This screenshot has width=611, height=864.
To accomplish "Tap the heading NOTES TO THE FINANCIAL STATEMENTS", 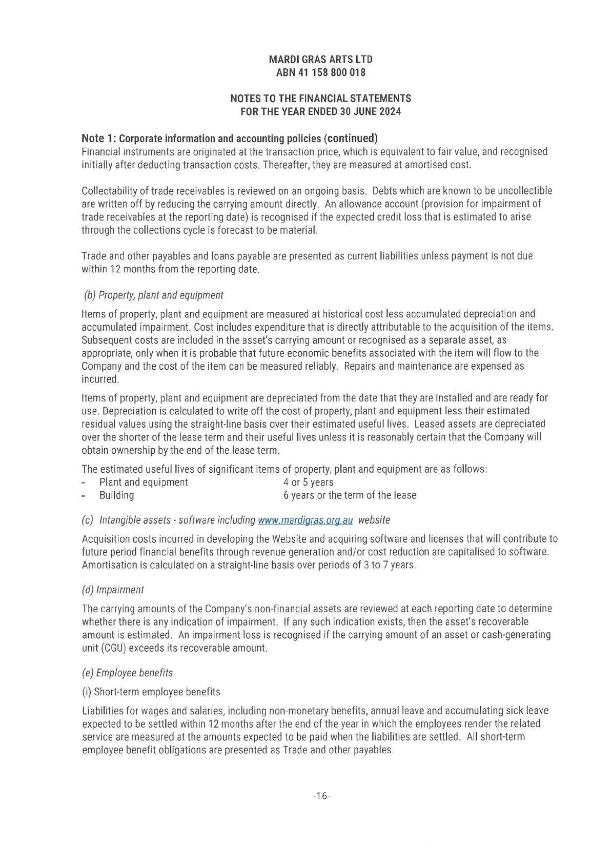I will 320,98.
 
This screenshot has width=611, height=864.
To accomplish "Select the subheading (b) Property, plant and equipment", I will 154,295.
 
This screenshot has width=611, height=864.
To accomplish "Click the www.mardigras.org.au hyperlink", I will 305,520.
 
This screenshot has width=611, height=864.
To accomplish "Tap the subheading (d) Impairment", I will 113,590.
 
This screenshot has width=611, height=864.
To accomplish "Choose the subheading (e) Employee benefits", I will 127,673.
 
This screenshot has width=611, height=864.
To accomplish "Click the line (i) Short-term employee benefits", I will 151,692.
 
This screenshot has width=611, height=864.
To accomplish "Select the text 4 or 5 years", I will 309,483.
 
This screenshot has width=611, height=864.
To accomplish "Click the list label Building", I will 116,495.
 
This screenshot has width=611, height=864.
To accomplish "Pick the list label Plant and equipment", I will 144,483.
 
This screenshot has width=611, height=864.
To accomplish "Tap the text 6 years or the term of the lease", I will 350,495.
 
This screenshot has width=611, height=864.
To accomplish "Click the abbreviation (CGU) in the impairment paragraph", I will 112,648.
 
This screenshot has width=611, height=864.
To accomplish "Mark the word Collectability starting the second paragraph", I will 107,191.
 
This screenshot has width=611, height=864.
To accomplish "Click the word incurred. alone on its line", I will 100,379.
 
